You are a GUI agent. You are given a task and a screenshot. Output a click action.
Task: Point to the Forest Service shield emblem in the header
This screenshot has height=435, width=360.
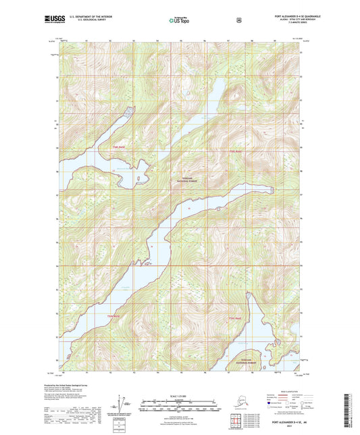(238, 20)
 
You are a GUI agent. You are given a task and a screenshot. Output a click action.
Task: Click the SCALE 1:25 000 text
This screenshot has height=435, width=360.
(180, 395)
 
